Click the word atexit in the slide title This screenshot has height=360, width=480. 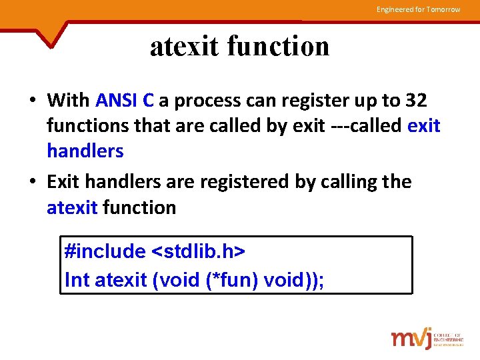tap(185, 47)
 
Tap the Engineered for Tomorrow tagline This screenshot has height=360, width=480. tap(418, 9)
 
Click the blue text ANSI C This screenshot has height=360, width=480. tap(125, 101)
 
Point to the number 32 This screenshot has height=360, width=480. tap(416, 101)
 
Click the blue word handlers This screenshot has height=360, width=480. tap(85, 151)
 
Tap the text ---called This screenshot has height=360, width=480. tap(366, 126)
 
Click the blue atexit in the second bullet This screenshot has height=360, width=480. tap(72, 208)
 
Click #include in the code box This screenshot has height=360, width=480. tap(105, 251)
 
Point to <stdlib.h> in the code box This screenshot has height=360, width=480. tap(199, 251)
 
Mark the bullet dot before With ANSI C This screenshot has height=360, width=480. tap(32, 101)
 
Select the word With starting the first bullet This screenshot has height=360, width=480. tap(68, 101)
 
